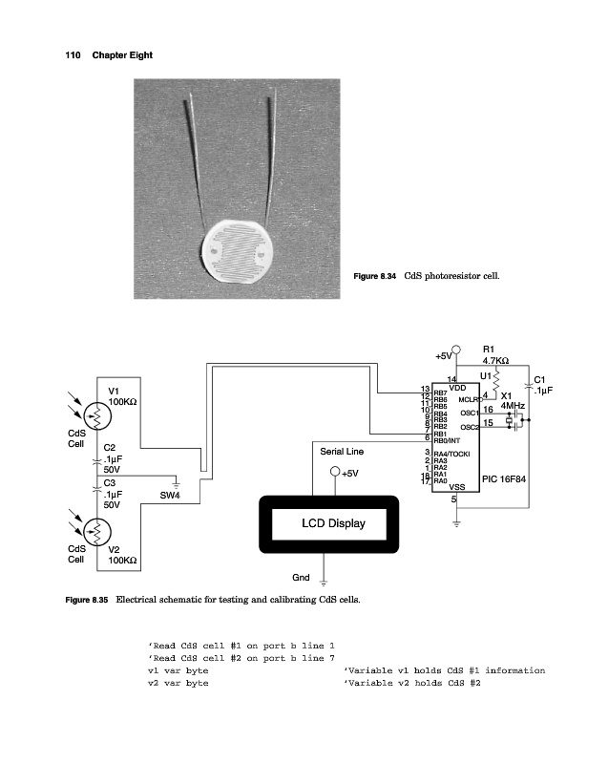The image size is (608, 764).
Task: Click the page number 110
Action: point(73,54)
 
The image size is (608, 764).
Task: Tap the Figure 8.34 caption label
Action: point(375,277)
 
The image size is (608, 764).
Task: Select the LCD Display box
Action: point(333,523)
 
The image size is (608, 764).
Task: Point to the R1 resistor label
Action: point(489,350)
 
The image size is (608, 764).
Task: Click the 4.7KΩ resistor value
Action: point(495,361)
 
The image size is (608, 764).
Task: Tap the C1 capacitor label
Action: point(540,378)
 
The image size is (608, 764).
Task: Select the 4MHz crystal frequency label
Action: point(512,405)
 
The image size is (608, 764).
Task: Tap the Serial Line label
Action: point(342,449)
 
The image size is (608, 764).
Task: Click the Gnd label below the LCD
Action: point(300,578)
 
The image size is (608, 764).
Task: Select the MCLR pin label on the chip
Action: point(469,399)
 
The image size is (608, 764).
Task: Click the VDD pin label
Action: point(456,388)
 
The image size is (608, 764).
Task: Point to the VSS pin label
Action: point(456,487)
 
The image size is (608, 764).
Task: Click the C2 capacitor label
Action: point(109,447)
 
